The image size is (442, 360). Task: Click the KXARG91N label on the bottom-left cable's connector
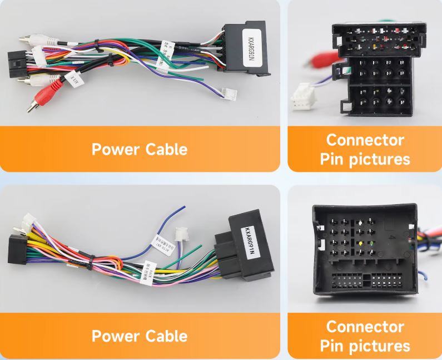click(249, 240)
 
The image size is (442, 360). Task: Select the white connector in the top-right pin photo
click(303, 96)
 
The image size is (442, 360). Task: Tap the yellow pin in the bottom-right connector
click(361, 244)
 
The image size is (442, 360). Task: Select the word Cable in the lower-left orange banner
click(166, 336)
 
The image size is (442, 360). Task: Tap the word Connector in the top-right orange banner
click(365, 140)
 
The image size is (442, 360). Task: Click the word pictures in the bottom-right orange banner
click(379, 346)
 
